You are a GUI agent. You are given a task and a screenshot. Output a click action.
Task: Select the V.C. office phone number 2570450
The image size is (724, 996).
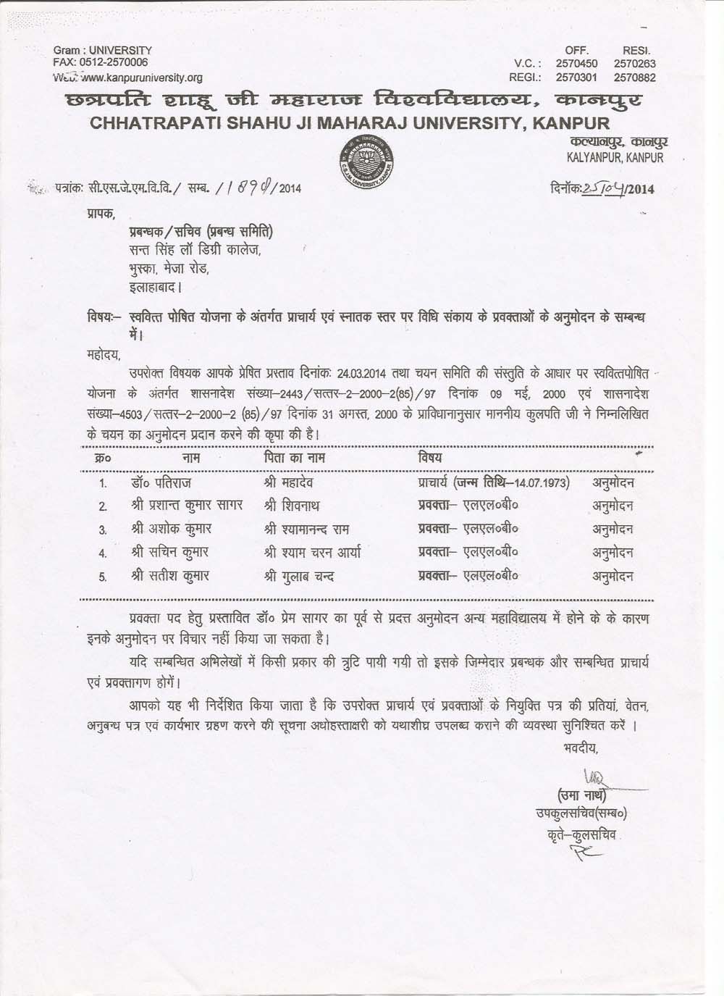[576, 64]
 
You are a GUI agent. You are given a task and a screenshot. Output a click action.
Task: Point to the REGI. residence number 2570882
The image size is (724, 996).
[634, 78]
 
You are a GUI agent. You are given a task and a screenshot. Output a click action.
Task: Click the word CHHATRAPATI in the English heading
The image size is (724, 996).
[155, 122]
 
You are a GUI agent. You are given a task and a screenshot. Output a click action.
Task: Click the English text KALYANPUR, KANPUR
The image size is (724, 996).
[614, 157]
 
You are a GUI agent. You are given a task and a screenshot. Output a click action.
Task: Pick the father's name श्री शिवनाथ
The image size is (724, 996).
[292, 506]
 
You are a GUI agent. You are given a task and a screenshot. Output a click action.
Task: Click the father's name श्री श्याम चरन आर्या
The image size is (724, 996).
[313, 553]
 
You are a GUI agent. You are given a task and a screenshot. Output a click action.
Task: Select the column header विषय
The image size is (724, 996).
[430, 458]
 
